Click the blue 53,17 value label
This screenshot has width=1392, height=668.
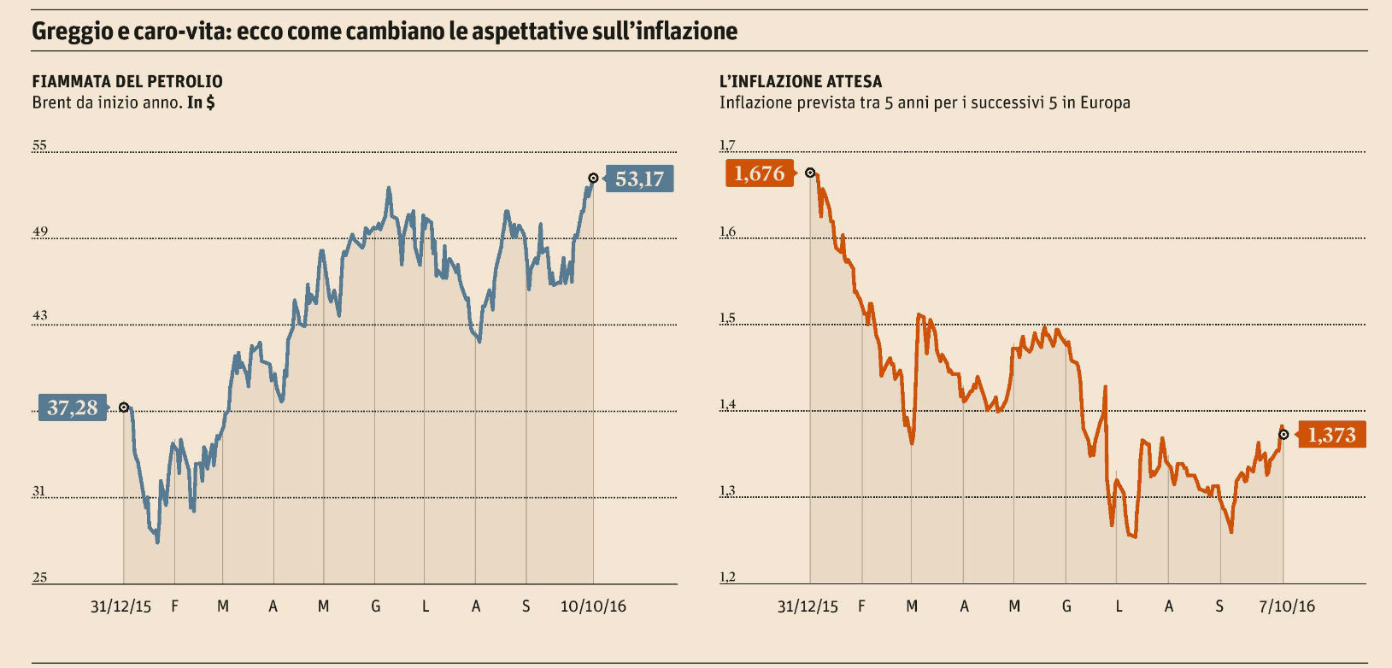coord(640,179)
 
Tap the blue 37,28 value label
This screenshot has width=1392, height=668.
coord(73,407)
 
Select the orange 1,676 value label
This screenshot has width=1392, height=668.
coord(759,173)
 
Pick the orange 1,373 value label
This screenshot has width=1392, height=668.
coord(1331,435)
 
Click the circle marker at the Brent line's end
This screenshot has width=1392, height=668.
coord(593,179)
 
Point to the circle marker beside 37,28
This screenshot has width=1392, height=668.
coord(124,407)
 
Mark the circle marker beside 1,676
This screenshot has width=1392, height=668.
coord(810,173)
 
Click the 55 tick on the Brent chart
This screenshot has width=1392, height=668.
coord(39,145)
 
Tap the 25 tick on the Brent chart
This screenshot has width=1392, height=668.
coord(39,577)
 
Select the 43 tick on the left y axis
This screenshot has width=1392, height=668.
coord(39,315)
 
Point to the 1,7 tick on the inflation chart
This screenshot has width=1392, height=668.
coord(727,145)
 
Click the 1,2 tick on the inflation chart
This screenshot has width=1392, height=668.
coord(727,577)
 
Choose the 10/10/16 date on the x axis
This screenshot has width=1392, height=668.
coord(593,606)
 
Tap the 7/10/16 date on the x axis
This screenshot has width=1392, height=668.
coord(1287,606)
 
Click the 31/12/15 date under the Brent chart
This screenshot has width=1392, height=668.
coord(120,606)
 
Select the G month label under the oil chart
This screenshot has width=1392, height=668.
coord(375,606)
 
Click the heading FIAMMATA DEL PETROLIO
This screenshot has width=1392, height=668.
coord(127,81)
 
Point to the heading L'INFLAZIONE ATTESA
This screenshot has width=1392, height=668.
coord(801,81)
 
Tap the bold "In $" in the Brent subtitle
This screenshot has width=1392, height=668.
coord(201,103)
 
